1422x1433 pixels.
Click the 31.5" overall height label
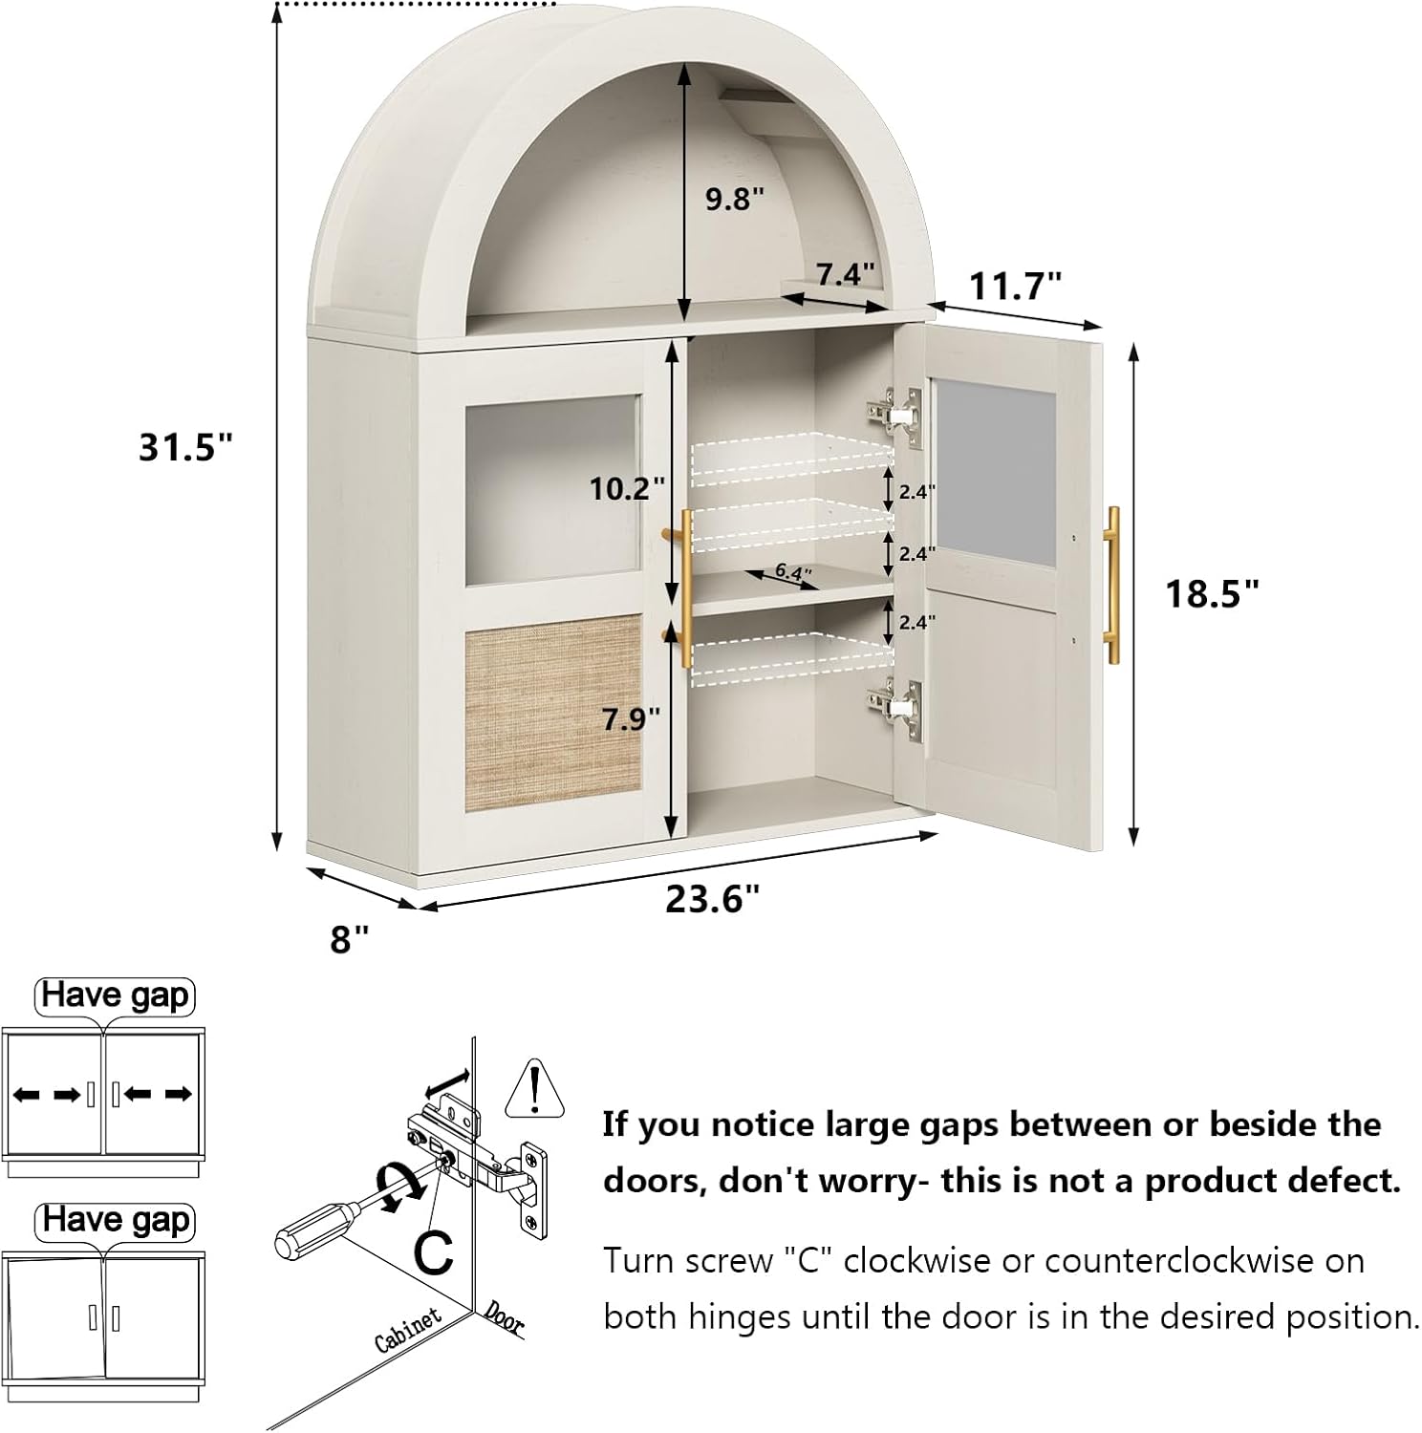point(186,446)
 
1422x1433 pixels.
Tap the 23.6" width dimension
point(713,899)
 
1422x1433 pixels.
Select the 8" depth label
point(350,940)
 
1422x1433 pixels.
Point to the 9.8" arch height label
point(735,200)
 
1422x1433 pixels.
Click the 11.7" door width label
point(1016,286)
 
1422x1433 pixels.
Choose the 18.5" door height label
point(1212,594)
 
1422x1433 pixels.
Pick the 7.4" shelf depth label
point(845,275)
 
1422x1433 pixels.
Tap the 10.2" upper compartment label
point(626,488)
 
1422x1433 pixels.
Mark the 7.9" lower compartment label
point(631,718)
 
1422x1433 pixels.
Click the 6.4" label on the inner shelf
point(792,572)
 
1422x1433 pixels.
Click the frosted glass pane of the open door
point(994,474)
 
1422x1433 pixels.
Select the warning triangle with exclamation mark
point(535,1089)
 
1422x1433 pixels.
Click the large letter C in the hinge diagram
point(435,1252)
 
